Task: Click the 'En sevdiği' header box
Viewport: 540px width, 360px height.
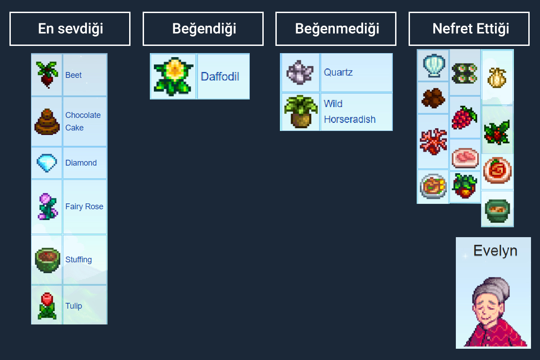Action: [x=70, y=29]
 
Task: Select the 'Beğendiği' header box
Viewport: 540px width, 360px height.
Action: [x=203, y=29]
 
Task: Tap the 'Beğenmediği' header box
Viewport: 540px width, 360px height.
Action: [x=336, y=29]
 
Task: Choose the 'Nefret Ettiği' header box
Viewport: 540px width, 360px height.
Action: [x=469, y=29]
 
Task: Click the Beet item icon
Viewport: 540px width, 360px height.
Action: [x=46, y=75]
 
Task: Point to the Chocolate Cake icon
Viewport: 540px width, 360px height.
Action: [x=46, y=121]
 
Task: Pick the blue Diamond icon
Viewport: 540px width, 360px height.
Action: [x=46, y=163]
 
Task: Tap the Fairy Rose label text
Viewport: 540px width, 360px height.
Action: [x=84, y=207]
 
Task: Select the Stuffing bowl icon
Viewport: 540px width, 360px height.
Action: [x=47, y=260]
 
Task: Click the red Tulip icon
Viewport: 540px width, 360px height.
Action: [x=47, y=306]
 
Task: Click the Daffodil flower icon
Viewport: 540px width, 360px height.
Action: [x=173, y=76]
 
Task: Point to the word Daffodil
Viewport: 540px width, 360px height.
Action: [x=220, y=76]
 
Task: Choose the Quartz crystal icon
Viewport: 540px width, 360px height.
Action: [x=300, y=72]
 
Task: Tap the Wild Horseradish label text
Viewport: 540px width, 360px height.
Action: [x=349, y=112]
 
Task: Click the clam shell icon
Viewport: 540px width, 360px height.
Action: [x=433, y=66]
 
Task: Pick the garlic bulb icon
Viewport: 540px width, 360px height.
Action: [x=497, y=77]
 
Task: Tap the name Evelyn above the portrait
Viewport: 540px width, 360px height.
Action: [x=495, y=251]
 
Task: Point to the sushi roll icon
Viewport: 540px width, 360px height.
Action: [x=465, y=72]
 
